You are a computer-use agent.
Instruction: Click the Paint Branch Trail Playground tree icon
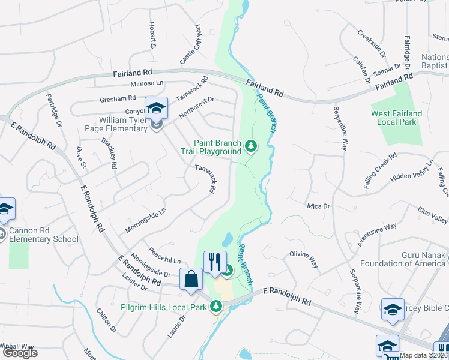pyautogui.click(x=251, y=145)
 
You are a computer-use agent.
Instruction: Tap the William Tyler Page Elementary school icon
pyautogui.click(x=156, y=109)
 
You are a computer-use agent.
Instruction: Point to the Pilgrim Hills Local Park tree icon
pyautogui.click(x=216, y=307)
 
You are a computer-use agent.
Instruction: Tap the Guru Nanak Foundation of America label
pyautogui.click(x=402, y=259)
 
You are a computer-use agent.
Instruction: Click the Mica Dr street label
pyautogui.click(x=318, y=206)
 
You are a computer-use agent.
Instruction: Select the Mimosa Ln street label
pyautogui.click(x=147, y=83)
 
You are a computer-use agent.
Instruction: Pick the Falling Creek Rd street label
pyautogui.click(x=380, y=171)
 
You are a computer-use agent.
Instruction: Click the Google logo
pyautogui.click(x=20, y=353)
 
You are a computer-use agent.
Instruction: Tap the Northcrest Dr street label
pyautogui.click(x=195, y=104)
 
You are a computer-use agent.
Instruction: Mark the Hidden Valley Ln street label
pyautogui.click(x=412, y=172)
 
